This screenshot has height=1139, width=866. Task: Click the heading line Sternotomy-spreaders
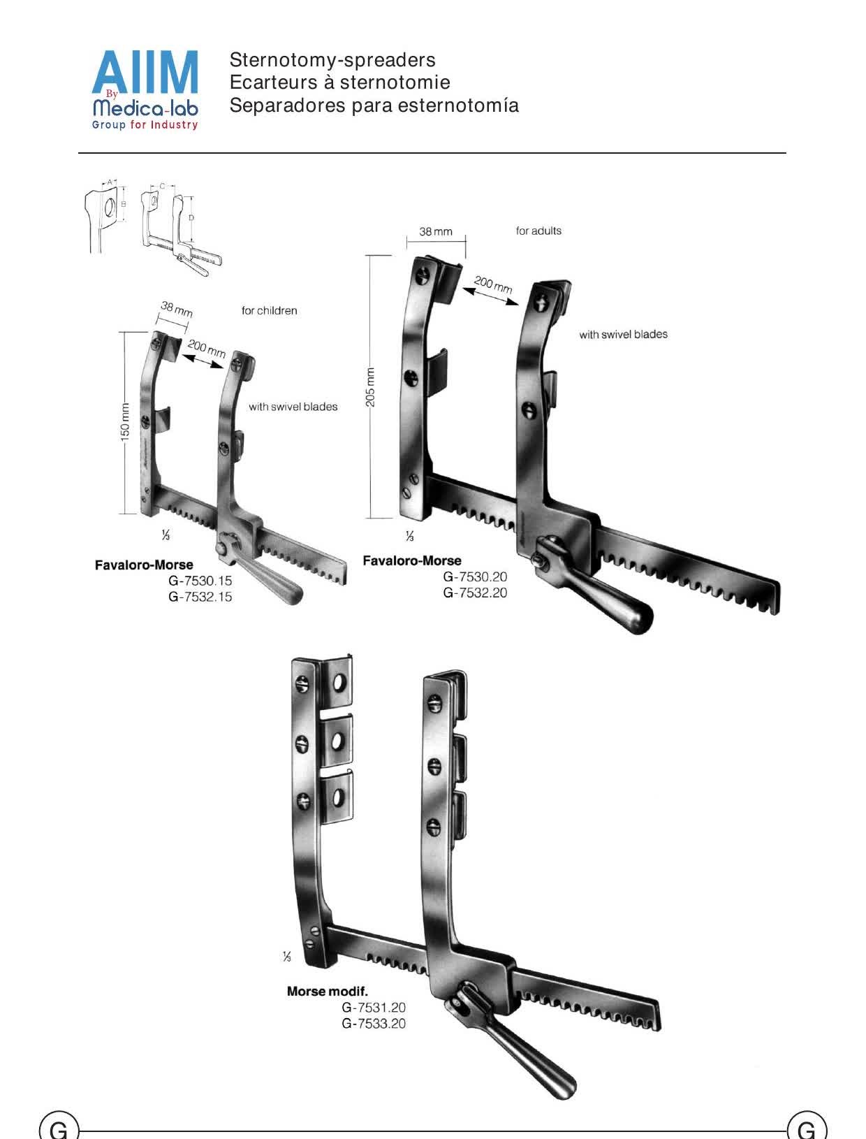pos(332,59)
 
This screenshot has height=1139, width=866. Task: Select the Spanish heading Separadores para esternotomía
pos(374,106)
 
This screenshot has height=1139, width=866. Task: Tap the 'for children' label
pos(269,311)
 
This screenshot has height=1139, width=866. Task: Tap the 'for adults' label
pos(538,231)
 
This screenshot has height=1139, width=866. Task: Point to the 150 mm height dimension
pos(125,422)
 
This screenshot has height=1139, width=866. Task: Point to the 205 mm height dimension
pos(371,387)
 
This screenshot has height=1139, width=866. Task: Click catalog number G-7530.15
pos(200,581)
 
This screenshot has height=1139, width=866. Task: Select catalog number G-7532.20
pos(475,593)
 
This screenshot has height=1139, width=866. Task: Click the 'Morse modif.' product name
pos(328,991)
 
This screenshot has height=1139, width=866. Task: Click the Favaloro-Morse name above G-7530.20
pos(412,560)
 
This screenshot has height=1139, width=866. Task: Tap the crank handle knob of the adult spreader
pos(637,618)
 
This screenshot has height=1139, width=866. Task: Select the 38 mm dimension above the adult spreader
pos(436,231)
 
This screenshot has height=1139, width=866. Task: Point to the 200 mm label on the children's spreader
pos(207,349)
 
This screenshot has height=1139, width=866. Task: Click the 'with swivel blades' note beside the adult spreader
pos(624,335)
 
